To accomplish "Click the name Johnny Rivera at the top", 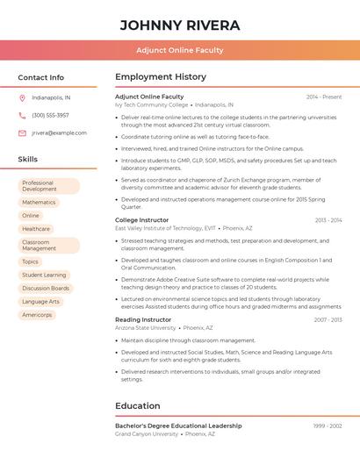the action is [179, 25].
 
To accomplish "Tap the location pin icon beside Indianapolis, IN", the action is [22, 97].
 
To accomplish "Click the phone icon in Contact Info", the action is [22, 115].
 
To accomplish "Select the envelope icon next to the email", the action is [22, 132].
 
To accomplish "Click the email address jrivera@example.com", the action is [59, 132].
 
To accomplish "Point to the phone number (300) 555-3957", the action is [50, 115].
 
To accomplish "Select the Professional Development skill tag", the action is [48, 186].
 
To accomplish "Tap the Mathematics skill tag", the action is [39, 202].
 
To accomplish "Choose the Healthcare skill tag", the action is [36, 228].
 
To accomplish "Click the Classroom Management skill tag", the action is [48, 245].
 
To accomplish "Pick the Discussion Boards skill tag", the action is [46, 288].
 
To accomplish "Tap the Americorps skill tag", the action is [37, 314].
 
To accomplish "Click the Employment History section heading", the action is [161, 77].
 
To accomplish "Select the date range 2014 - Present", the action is [324, 97].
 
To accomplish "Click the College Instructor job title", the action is [141, 220].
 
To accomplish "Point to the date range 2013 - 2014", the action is [328, 220].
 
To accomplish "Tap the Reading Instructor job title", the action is [143, 320].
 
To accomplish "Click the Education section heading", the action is [137, 406].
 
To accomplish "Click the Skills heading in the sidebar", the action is [28, 160].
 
